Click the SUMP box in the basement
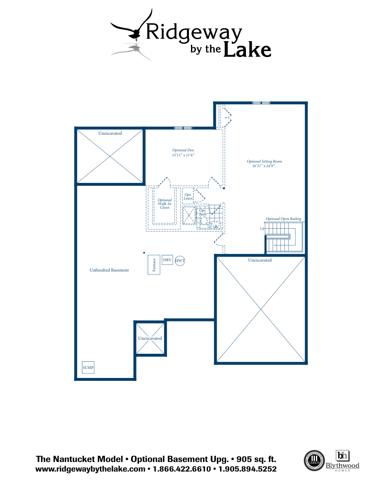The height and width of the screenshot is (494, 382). pos(88,368)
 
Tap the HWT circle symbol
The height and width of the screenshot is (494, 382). pos(180,261)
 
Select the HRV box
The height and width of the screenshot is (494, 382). pos(167,260)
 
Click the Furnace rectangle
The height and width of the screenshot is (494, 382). pos(154,264)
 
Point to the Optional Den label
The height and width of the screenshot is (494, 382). pos(183,150)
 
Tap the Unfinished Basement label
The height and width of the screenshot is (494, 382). pos(109,270)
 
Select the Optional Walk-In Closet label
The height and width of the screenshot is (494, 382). pos(164,204)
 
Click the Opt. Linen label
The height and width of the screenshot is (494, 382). pos(188,197)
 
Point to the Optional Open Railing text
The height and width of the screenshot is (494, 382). pos(283,219)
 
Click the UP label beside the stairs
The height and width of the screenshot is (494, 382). pos(262,229)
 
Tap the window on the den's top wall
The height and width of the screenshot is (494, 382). pos(183,128)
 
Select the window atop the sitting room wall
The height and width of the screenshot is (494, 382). pos(261,103)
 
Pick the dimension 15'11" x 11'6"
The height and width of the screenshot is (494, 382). pos(183,155)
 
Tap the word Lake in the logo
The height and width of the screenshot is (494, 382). pos(248,49)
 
